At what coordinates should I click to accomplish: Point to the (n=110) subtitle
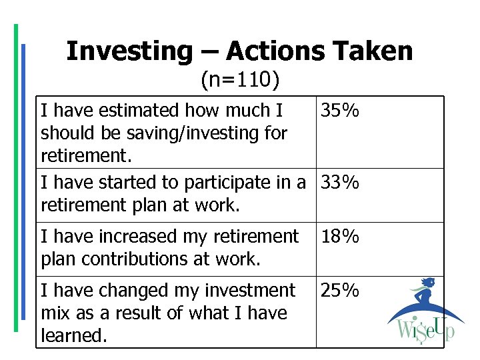[240, 81]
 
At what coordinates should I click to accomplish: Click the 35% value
[340, 110]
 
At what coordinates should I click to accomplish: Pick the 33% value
[340, 182]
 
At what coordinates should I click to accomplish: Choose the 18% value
[340, 237]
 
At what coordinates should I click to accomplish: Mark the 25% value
[340, 291]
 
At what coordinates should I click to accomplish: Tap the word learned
[73, 336]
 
